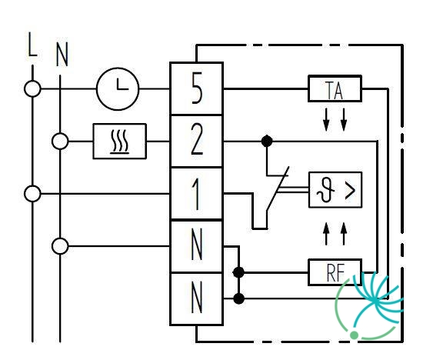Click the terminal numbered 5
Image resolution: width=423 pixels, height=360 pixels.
[197, 88]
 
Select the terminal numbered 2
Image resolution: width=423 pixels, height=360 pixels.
[197, 141]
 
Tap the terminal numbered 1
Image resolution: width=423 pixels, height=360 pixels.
[197, 194]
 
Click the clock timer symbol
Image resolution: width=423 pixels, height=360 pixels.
[118, 88]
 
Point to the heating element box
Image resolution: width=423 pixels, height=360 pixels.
[119, 141]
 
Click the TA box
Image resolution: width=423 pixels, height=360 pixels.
[335, 88]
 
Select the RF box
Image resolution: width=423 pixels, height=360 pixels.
[335, 272]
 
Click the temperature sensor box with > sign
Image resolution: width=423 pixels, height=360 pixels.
[335, 190]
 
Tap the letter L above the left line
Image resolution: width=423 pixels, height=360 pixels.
[32, 45]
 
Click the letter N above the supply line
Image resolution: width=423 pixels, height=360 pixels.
[62, 55]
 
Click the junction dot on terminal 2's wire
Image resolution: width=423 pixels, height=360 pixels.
[267, 141]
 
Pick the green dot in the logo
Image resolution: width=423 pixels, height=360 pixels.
[354, 335]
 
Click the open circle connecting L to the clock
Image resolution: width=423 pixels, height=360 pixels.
[32, 88]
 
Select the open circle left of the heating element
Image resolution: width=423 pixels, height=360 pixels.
[60, 141]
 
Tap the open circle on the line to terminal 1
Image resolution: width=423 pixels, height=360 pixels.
[32, 194]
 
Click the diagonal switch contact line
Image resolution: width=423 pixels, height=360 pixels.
[278, 188]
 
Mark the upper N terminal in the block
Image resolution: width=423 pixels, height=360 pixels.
[197, 246]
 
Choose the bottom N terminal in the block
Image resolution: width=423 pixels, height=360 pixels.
[197, 298]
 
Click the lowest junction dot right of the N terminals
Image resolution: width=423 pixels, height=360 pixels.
[238, 298]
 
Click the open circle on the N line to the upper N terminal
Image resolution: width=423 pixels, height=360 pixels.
[60, 246]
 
